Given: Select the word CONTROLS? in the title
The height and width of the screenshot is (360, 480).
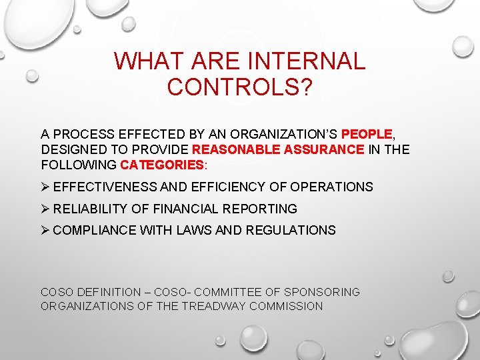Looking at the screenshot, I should (x=239, y=87).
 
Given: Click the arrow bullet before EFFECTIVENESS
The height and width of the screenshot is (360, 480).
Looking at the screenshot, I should (x=45, y=187).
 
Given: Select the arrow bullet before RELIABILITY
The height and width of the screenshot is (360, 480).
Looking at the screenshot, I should (x=45, y=209).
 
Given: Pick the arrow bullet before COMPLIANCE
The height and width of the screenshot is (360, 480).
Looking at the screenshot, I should (x=45, y=230).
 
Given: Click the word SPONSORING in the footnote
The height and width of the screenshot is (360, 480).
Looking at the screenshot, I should (x=322, y=292).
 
